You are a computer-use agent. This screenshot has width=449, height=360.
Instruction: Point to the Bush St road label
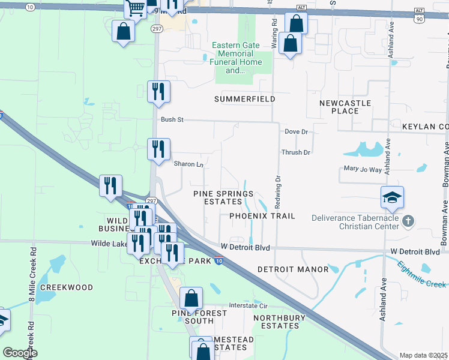coord(172,120)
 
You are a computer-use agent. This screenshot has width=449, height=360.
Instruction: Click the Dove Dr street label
coord(296,131)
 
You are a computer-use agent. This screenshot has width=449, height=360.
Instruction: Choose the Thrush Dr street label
coord(296,152)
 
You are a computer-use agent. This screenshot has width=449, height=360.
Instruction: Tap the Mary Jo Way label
coord(363,170)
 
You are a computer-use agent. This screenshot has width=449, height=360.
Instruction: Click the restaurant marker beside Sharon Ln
coord(159,150)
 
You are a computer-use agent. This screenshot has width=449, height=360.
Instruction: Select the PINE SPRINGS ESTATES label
coord(223,198)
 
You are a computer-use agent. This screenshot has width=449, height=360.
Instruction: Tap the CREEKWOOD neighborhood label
coord(67,287)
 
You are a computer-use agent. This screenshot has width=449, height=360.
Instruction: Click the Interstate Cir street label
coord(252,305)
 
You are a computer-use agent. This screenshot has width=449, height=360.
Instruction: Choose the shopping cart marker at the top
coord(136,8)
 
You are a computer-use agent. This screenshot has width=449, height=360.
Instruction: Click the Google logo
coord(20,353)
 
